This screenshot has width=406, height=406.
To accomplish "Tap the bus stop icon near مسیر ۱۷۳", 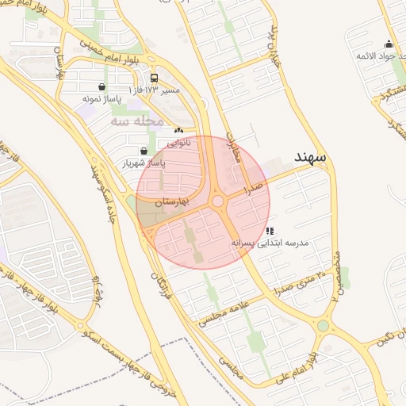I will [x=153, y=79].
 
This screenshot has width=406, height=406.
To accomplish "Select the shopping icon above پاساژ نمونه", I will [x=102, y=87].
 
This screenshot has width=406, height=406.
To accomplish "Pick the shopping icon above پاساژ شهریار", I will [x=143, y=151].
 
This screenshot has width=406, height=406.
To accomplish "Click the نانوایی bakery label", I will [x=179, y=143].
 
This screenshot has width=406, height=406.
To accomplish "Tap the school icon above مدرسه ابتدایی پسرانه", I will [x=270, y=231].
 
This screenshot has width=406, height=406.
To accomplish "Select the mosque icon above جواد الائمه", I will [x=389, y=44].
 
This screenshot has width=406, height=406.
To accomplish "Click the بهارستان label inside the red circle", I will [x=172, y=203].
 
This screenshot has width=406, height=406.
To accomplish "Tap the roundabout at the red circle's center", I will [x=217, y=202].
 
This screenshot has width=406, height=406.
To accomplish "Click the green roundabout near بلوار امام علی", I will [x=323, y=325].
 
